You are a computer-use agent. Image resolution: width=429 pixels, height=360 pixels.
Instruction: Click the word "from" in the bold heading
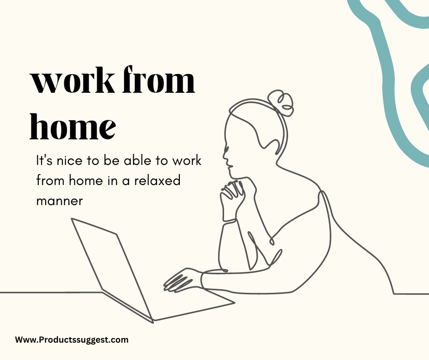coord(159,79)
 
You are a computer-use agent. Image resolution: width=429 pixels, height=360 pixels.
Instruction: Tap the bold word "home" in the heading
coord(73,126)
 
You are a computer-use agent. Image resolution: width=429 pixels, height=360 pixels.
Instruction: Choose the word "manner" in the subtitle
coord(59,201)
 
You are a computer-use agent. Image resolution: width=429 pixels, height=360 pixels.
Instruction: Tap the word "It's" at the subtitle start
coord(44,160)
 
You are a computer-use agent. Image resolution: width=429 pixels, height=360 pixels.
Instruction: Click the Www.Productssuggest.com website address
coord(72,340)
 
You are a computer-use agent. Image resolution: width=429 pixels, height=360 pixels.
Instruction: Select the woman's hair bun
coord(280,103)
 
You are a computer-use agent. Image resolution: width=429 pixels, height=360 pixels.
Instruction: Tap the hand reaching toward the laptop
coord(182,280)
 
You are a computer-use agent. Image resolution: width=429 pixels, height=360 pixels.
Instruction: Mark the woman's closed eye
coord(227,149)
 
